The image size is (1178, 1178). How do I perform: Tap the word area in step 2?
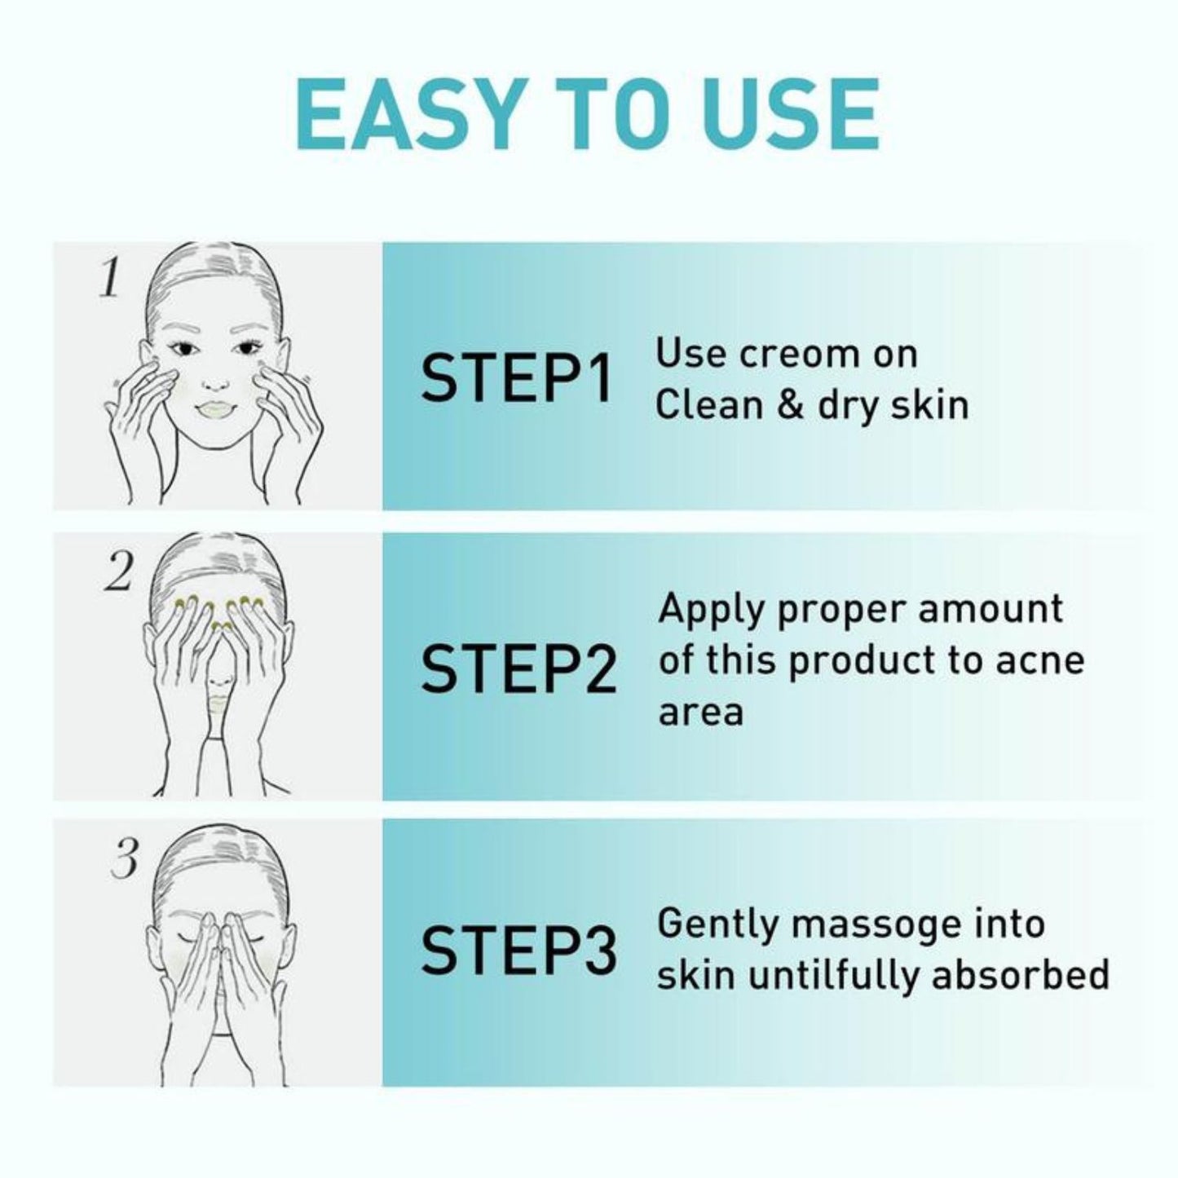[700, 712]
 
